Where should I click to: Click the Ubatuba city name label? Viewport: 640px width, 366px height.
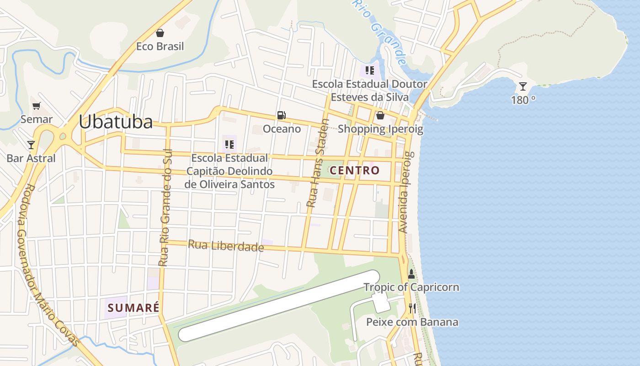116,122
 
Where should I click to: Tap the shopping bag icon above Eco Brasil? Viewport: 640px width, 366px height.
160,33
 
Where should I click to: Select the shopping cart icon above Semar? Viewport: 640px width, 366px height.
37,106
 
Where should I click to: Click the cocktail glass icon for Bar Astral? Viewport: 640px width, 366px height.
31,145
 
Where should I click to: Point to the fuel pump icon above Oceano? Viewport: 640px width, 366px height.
281,115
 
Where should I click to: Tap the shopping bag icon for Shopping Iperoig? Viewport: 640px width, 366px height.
380,115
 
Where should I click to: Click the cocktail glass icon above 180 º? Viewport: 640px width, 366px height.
523,86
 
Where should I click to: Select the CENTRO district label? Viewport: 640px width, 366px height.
355,171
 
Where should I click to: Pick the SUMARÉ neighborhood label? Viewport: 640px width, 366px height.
133,307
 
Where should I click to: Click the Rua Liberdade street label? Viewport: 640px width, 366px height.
226,246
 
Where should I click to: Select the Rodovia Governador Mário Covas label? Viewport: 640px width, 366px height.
48,265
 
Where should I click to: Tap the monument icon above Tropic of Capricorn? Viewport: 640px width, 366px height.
411,274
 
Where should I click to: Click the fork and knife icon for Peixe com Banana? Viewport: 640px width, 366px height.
412,308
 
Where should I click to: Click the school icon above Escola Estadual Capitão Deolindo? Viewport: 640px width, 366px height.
229,145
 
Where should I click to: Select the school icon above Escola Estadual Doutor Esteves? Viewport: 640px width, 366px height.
370,70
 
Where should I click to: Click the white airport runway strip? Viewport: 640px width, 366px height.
279,306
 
